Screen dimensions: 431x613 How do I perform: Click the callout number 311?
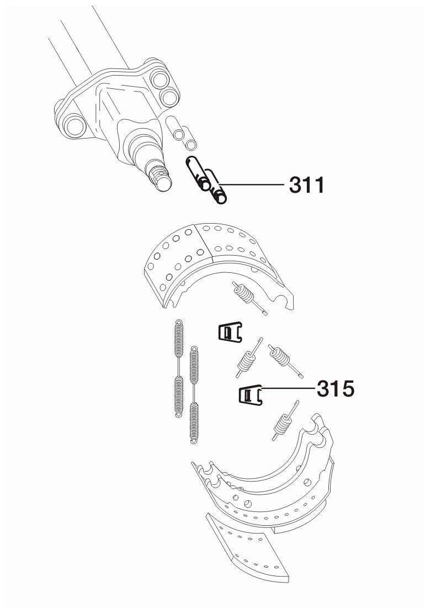tap(307, 185)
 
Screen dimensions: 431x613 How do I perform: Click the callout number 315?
tap(336, 389)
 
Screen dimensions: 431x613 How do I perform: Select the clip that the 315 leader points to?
tap(251, 395)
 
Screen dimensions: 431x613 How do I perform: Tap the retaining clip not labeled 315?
tap(230, 332)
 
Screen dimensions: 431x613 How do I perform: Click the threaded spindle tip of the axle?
tap(161, 178)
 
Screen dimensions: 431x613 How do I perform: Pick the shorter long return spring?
tap(194, 395)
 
